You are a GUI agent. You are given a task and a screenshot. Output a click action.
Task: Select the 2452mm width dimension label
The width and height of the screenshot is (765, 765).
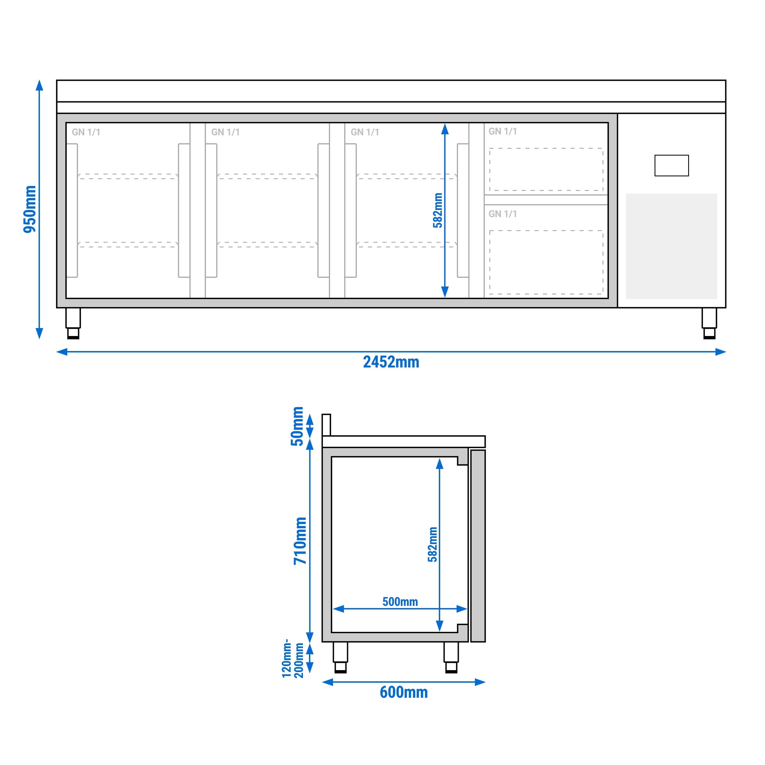(x=391, y=362)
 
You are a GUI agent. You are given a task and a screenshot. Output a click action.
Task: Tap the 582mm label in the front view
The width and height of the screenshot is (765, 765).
(x=438, y=210)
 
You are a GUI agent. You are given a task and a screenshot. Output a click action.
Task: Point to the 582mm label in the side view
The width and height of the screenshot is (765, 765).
(x=432, y=544)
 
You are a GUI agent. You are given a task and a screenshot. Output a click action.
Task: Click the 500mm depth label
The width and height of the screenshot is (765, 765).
(x=400, y=602)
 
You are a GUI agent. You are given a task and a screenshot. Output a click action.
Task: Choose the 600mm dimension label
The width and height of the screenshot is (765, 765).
(x=404, y=692)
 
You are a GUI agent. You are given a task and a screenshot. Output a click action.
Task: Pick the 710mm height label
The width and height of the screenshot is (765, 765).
(x=300, y=541)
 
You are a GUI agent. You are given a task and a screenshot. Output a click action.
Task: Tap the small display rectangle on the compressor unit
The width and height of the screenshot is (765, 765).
(x=672, y=166)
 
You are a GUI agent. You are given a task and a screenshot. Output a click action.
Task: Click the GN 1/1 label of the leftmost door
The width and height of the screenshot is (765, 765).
(x=86, y=132)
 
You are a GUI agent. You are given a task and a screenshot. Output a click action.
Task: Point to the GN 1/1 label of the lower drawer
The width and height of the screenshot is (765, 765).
(x=502, y=214)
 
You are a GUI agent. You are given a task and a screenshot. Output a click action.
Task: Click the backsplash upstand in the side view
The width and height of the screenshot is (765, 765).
(x=326, y=424)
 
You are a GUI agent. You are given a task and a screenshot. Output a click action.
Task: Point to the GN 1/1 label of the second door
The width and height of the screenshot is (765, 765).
(x=225, y=132)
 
